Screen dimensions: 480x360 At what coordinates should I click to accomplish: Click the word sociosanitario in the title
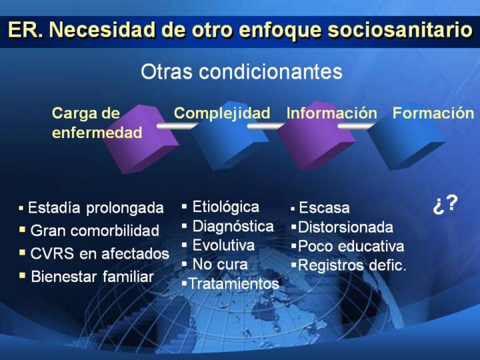[x=400, y=30]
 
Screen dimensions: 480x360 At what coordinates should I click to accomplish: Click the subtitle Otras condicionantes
[x=241, y=71]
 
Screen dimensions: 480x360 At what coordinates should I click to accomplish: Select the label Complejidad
[x=222, y=113]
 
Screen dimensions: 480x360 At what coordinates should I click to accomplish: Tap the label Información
[x=332, y=113]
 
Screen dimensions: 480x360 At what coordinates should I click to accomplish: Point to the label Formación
[x=433, y=113]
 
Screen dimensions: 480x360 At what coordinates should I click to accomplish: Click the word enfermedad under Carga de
[x=97, y=133]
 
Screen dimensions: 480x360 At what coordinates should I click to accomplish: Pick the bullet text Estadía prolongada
[x=96, y=208]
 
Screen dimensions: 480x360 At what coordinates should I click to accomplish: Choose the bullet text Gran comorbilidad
[x=95, y=231]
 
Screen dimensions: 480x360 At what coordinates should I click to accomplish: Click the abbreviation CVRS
[x=52, y=253]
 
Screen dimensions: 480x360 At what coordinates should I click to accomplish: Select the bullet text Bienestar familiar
[x=92, y=277]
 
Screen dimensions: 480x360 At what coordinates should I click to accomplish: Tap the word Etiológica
[x=225, y=207]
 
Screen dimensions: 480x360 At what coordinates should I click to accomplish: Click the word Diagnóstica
[x=233, y=227]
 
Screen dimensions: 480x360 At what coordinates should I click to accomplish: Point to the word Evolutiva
[x=223, y=245]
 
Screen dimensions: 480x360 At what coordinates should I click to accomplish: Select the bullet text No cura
[x=220, y=264]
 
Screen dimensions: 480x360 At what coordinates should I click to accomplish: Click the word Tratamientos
[x=233, y=283]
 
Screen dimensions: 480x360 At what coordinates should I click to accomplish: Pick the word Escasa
[x=324, y=207]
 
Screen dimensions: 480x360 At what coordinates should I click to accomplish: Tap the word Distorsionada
[x=345, y=227]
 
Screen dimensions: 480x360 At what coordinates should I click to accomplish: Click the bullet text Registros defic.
[x=352, y=265]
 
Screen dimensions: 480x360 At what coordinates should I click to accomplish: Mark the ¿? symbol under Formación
[x=445, y=204]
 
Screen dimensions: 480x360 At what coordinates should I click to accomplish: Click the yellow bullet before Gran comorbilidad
[x=23, y=229]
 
